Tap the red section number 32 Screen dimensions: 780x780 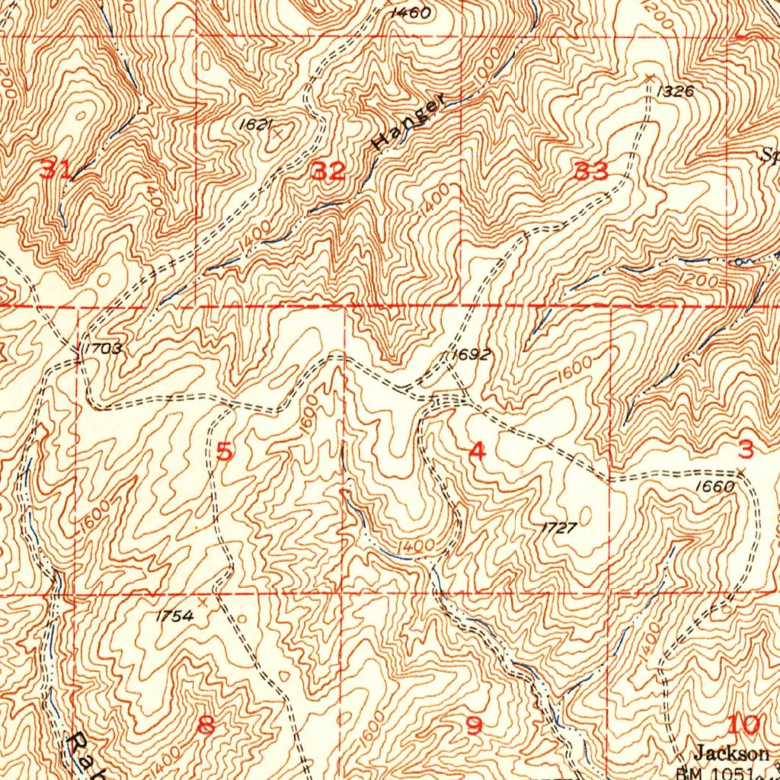coord(329,171)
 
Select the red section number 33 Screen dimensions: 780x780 coord(592,172)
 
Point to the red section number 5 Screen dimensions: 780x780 coord(224,452)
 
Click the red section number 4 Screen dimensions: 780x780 coord(477,451)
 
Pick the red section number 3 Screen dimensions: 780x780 coord(746,449)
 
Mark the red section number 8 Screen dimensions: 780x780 coord(206,726)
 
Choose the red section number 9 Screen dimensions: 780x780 coord(474,727)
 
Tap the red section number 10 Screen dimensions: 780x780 coord(744,724)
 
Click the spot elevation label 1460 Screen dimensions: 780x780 coord(409,13)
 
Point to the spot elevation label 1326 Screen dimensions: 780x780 coord(675,91)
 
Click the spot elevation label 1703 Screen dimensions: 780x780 coord(102,349)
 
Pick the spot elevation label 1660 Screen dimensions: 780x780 coord(715,487)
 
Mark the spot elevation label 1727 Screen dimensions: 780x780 coord(559,527)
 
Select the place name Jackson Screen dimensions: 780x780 coord(731,753)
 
